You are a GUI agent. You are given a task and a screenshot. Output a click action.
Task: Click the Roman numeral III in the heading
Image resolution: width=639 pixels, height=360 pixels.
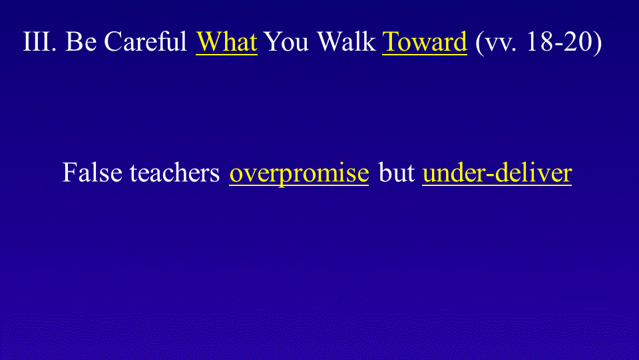pos(39,41)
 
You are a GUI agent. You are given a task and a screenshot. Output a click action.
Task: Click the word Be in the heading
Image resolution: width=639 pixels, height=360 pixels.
pos(81,41)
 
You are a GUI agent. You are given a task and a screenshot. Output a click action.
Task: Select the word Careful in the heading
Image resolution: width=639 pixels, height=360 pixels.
pos(146,41)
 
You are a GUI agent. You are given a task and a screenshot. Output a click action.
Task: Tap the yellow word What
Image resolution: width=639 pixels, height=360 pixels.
pos(226,41)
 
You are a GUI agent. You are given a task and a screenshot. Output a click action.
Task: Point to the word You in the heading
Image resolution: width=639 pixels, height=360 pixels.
pos(286,41)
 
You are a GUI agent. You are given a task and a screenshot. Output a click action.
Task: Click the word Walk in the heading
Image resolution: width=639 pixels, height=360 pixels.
pos(346,41)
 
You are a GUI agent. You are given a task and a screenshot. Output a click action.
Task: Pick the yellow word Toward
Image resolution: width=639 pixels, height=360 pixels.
pos(424,41)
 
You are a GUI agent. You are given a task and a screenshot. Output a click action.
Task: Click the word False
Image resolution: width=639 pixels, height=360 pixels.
pos(92,172)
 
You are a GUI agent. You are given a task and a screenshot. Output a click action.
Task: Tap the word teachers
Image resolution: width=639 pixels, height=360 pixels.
pos(175,172)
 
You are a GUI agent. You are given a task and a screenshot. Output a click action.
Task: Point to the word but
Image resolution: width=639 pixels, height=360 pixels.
pos(396,172)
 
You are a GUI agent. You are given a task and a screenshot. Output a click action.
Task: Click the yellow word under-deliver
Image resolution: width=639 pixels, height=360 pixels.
pos(497,172)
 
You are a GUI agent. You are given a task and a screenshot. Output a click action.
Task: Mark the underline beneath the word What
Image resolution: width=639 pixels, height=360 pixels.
pos(226,54)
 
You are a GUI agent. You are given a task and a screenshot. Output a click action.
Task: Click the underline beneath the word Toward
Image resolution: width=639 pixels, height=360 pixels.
pos(424,54)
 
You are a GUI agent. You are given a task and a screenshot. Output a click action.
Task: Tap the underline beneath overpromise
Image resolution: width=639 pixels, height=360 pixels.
pos(299,185)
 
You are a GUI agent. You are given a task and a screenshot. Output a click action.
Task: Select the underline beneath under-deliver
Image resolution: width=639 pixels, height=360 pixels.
pos(497,185)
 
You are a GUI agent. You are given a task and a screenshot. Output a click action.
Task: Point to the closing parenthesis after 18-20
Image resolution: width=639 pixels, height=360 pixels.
pos(598,42)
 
